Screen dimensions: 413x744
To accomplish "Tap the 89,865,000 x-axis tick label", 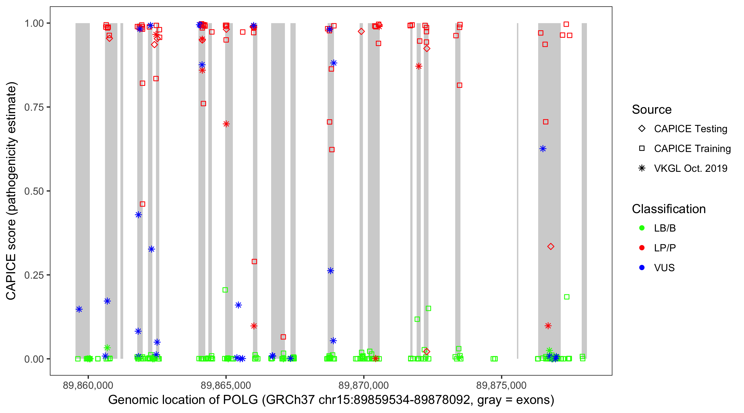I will tap(226, 385).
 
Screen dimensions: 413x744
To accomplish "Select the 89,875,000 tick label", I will tap(501, 385).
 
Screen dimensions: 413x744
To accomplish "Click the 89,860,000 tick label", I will tap(88, 385).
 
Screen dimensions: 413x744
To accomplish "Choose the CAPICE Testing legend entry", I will tap(690, 129).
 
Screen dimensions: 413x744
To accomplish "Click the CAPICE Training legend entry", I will tap(692, 149).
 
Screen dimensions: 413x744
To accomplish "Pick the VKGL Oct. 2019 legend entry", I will tap(690, 168).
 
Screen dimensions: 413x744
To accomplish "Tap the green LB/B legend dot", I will tap(642, 228).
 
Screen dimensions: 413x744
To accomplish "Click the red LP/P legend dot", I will tap(642, 248).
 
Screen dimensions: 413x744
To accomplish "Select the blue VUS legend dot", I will tap(642, 268).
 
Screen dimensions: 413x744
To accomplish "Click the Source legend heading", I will tap(652, 110).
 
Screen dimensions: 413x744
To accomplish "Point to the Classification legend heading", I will tap(668, 209).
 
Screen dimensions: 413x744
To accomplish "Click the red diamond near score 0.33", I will tap(551, 246).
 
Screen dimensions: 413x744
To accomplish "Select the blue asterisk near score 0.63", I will tap(543, 149).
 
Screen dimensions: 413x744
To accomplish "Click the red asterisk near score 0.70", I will tap(226, 124).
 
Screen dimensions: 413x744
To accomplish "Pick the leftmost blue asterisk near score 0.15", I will tap(79, 309).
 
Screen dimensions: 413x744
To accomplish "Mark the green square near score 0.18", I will tap(566, 297).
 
